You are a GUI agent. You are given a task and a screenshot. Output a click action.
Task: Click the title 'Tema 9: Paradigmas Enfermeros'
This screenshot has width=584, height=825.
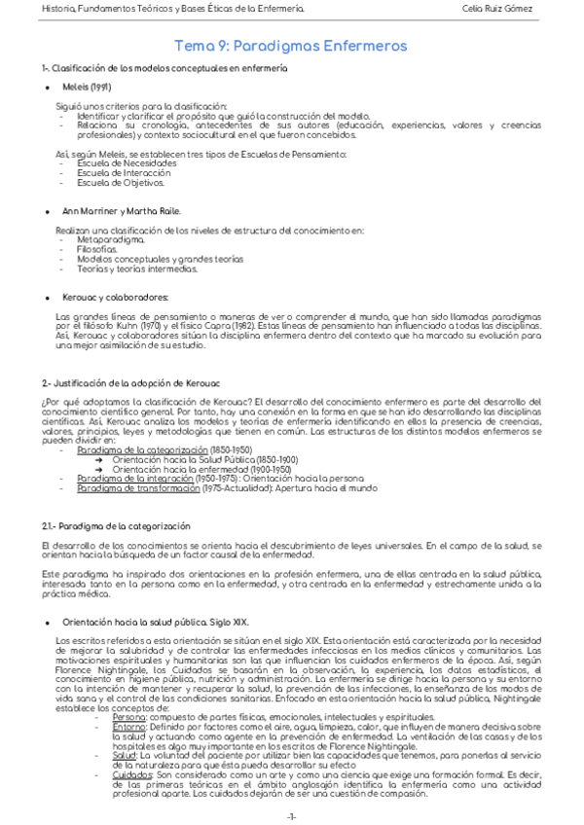289,46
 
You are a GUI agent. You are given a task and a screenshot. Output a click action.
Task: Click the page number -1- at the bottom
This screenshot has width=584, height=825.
291,815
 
